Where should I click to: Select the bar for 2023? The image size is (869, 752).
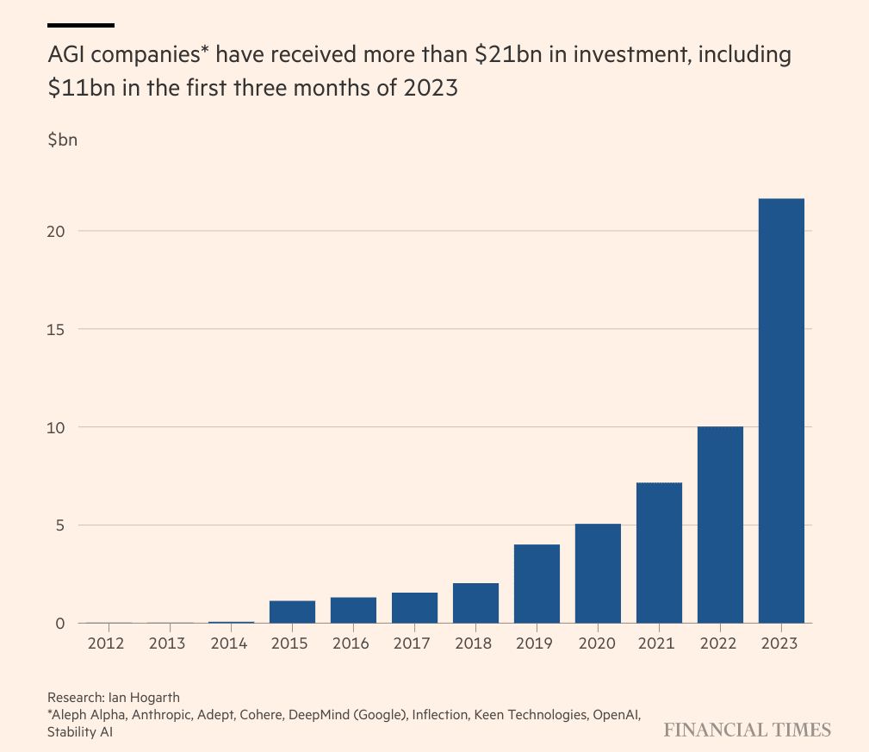point(781,411)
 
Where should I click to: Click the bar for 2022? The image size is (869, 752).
point(720,525)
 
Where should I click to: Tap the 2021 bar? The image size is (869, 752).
point(659,553)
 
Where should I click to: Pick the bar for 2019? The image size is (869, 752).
point(537,583)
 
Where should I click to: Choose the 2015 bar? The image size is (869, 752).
point(292,612)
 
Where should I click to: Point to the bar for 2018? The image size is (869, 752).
point(475,603)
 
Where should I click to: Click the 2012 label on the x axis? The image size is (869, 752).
point(109,643)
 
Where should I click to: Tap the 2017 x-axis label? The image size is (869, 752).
point(414,643)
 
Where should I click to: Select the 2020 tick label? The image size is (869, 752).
point(598,643)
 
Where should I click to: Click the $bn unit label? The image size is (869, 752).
point(63,140)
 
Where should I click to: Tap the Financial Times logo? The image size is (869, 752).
point(747,730)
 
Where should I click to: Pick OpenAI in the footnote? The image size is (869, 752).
point(613,714)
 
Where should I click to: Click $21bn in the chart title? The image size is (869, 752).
point(507,56)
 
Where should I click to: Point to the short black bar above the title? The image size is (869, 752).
point(81,25)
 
